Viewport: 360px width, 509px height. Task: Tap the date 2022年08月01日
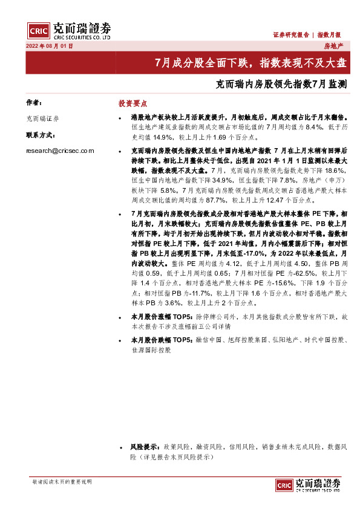tap(48, 46)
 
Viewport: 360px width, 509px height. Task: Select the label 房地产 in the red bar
tap(333, 46)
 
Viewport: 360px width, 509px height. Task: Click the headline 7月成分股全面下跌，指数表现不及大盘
tap(250, 62)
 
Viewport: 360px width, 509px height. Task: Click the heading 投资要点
tap(133, 103)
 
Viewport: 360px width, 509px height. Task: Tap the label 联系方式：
tap(41, 135)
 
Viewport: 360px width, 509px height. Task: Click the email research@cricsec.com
tap(60, 151)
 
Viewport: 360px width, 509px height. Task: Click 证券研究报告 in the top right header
tap(290, 35)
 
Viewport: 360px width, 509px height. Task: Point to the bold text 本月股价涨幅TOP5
tap(161, 316)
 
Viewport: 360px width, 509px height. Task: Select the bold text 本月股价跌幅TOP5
tap(161, 340)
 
